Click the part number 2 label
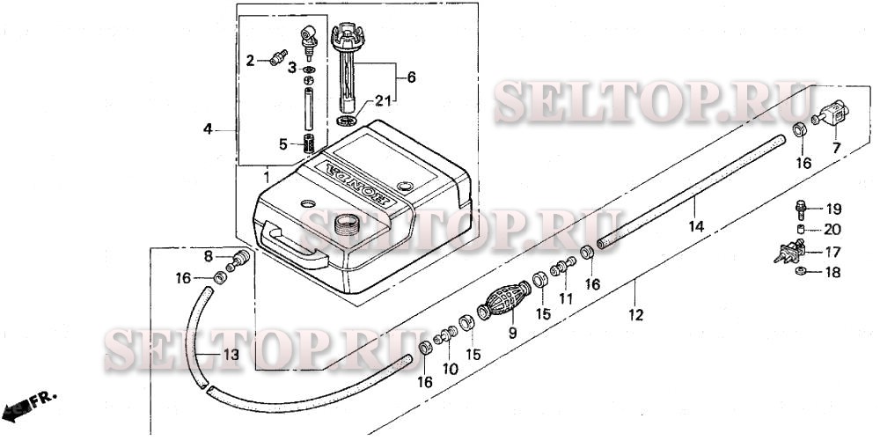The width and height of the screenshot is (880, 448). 250,61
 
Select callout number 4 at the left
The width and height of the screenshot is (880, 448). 209,129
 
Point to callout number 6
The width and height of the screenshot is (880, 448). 412,77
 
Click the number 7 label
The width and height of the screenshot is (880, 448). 836,147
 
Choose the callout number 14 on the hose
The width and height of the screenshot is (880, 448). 697,227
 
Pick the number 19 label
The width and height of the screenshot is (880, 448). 833,209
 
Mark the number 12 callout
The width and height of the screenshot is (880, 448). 635,314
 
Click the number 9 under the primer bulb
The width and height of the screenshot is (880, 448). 511,334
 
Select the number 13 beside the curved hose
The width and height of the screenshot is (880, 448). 230,355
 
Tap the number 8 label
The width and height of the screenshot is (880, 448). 209,256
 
